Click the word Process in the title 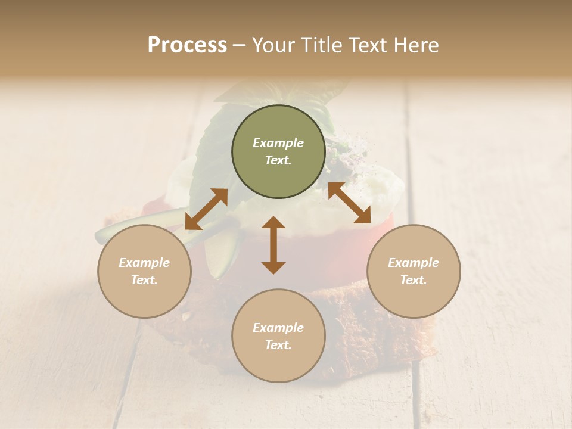[x=187, y=45]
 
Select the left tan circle [x=144, y=271]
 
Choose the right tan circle [x=414, y=271]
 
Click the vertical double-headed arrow [x=273, y=245]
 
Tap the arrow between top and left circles [x=206, y=209]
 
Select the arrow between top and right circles [x=349, y=203]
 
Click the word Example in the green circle [x=278, y=143]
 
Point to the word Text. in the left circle [x=144, y=280]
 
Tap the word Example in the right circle [x=414, y=263]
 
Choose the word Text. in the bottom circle [x=278, y=345]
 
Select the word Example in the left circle [x=144, y=263]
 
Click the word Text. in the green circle [x=278, y=160]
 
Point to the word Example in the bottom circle [x=278, y=328]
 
